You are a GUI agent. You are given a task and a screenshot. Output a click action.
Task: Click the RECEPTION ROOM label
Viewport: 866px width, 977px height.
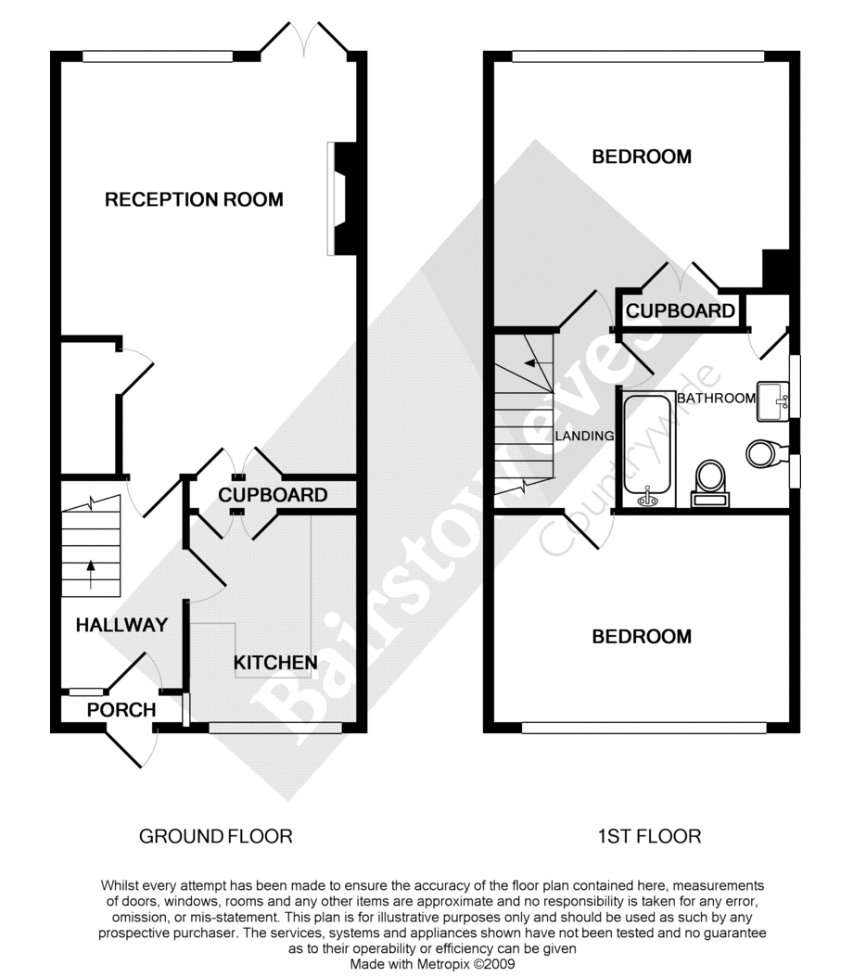194,199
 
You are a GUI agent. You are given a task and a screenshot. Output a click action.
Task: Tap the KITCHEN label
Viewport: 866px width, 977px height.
275,663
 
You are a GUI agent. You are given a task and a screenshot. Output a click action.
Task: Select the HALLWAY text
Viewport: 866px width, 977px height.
121,625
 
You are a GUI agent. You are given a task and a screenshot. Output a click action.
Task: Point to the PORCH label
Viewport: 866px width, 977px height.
121,710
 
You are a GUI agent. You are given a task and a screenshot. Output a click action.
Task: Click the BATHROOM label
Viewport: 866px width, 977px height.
717,398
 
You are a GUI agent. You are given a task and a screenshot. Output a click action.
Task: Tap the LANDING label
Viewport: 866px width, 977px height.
584,437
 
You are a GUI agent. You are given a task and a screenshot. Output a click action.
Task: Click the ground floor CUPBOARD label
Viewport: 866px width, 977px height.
273,495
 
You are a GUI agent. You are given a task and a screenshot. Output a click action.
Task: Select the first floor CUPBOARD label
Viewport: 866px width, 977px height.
681,311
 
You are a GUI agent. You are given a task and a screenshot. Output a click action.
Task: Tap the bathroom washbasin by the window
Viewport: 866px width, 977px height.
771,402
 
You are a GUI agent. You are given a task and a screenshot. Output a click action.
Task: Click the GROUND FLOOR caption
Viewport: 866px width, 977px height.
216,836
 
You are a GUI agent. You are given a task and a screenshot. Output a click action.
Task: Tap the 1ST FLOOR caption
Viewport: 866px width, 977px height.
649,836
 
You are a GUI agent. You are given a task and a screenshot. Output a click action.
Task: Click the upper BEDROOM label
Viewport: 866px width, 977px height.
642,157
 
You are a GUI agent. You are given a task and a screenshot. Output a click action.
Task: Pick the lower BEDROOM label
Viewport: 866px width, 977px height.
642,636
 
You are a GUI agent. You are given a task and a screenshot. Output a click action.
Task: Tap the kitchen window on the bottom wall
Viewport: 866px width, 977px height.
275,728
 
